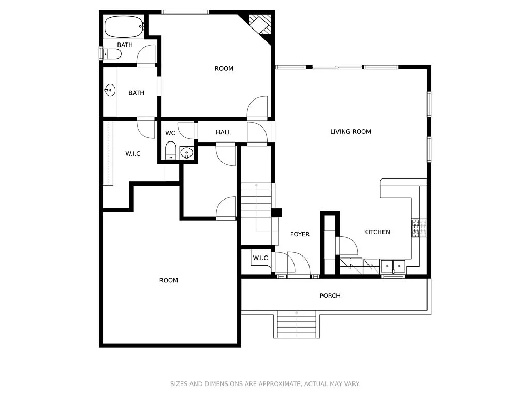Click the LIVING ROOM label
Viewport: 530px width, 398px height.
pyautogui.click(x=350, y=131)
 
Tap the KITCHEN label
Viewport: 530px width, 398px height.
pyautogui.click(x=377, y=232)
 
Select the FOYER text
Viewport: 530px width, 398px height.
pyautogui.click(x=300, y=234)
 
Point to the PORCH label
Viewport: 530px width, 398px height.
pyautogui.click(x=330, y=296)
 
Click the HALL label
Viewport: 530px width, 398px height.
pyautogui.click(x=224, y=132)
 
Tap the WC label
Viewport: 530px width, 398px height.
pyautogui.click(x=170, y=133)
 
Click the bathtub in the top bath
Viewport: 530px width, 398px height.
pyautogui.click(x=124, y=26)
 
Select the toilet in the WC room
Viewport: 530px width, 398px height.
pyautogui.click(x=171, y=150)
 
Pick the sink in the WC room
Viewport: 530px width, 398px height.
pyautogui.click(x=186, y=153)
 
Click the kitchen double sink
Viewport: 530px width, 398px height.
pyautogui.click(x=393, y=266)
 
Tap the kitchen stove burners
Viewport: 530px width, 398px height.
pyautogui.click(x=419, y=228)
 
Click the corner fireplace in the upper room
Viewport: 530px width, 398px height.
pyautogui.click(x=260, y=24)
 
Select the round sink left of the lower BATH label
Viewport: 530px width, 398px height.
pyautogui.click(x=110, y=90)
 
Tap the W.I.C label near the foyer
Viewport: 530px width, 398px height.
pyautogui.click(x=260, y=258)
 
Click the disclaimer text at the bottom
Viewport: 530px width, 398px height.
pyautogui.click(x=265, y=384)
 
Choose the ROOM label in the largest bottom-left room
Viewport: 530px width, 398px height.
pyautogui.click(x=168, y=280)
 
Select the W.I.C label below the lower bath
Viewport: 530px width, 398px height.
pyautogui.click(x=133, y=153)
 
